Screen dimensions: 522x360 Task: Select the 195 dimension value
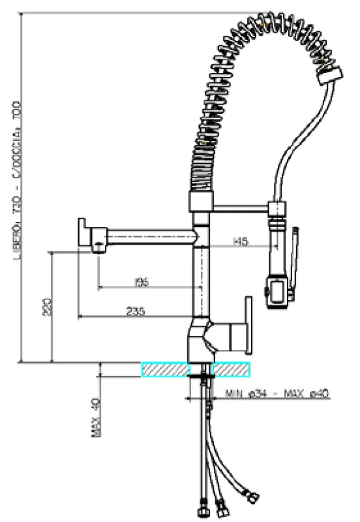(141, 283)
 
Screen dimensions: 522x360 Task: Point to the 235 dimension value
(135, 312)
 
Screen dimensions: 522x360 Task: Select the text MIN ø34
(247, 393)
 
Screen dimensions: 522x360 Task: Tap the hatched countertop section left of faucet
(164, 369)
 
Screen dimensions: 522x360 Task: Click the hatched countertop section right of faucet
(231, 369)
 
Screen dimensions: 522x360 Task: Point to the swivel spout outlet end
(85, 232)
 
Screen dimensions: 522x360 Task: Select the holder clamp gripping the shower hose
(277, 209)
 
